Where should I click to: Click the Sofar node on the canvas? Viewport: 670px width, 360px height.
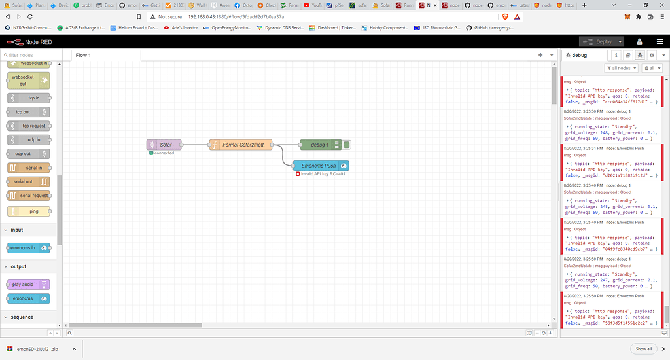pos(164,145)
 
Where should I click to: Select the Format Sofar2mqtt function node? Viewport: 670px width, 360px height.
pos(240,145)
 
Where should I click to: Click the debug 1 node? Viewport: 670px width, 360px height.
pos(319,145)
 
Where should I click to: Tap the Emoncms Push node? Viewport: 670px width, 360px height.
pos(321,166)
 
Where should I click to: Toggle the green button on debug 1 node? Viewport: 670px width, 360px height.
pos(347,145)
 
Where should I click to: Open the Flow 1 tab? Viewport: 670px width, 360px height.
pos(83,55)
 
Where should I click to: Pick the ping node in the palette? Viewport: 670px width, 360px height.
pos(29,211)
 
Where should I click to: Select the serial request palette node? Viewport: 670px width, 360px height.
pos(29,196)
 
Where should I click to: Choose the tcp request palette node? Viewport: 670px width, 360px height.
pos(29,126)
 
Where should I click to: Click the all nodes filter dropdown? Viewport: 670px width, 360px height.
pos(622,68)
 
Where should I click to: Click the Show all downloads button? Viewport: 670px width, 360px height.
pos(643,349)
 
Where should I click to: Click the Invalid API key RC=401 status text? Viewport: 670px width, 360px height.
pos(323,175)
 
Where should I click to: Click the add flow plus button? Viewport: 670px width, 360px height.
pos(540,55)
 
